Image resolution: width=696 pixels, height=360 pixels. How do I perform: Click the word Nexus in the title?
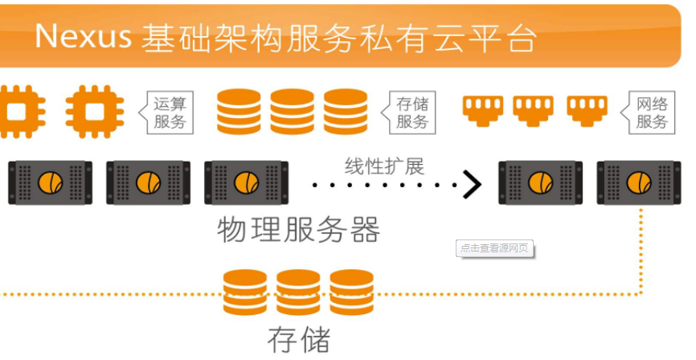(x=84, y=36)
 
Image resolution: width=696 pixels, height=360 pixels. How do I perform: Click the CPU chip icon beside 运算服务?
(x=95, y=112)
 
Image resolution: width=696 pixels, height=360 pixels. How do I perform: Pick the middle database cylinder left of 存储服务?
(x=292, y=112)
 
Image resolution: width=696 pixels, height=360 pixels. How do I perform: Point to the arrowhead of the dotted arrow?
(x=473, y=184)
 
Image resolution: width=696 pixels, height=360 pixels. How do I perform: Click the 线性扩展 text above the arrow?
(x=384, y=166)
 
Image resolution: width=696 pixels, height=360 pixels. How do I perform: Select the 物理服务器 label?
(x=299, y=230)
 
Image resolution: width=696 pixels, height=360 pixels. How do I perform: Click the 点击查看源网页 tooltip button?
(x=494, y=248)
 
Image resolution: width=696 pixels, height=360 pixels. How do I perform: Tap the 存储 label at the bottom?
(x=299, y=340)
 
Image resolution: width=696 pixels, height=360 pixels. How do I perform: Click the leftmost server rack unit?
(x=50, y=182)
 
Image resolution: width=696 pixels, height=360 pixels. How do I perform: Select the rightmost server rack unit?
(x=639, y=182)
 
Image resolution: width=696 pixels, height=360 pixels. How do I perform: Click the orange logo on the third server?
(x=247, y=182)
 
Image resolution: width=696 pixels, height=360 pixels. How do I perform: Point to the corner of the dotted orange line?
(x=641, y=294)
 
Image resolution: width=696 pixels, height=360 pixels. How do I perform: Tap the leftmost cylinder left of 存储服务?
(x=239, y=112)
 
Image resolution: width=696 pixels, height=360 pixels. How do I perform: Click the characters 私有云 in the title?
(x=420, y=38)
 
